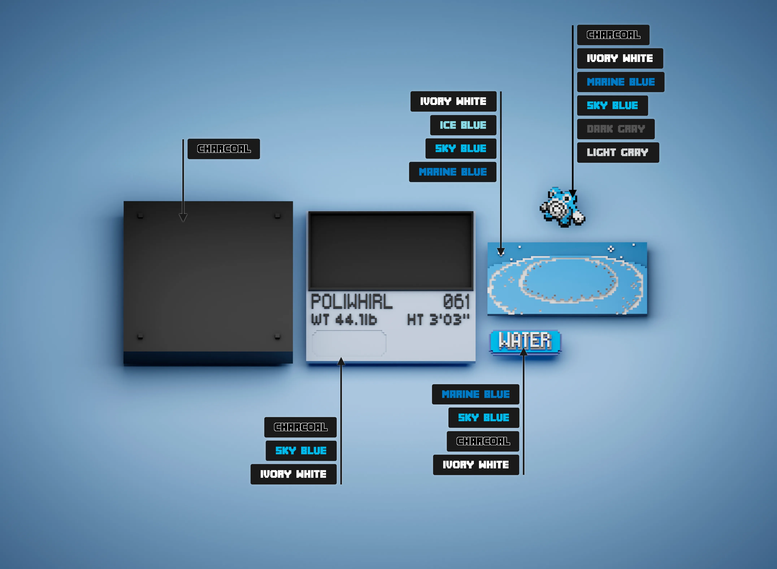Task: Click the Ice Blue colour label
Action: [463, 125]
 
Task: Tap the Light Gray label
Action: [618, 152]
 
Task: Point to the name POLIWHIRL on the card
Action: [351, 302]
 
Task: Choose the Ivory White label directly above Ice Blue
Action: [453, 101]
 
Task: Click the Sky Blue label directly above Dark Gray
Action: [612, 105]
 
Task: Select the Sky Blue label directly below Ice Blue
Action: [461, 148]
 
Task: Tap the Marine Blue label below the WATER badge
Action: [476, 394]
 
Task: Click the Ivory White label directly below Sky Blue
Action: [293, 474]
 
